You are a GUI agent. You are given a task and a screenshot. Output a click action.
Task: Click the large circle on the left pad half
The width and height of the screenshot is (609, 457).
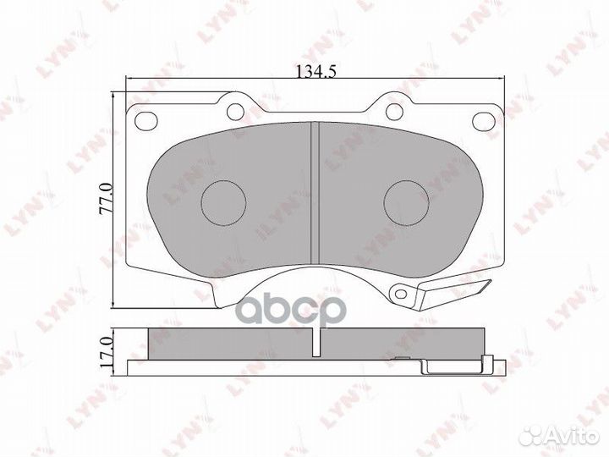tap(224, 203)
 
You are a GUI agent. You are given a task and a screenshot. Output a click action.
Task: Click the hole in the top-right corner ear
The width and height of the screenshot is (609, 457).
tap(485, 119)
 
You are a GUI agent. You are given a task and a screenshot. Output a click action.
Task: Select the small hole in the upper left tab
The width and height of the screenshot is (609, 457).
tap(235, 110)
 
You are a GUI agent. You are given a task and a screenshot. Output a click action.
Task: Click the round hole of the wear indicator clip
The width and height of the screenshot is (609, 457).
tap(400, 295)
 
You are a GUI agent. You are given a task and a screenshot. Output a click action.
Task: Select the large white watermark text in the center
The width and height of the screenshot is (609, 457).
tap(290, 310)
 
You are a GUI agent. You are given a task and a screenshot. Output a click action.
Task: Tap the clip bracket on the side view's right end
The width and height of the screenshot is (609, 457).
tap(457, 366)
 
